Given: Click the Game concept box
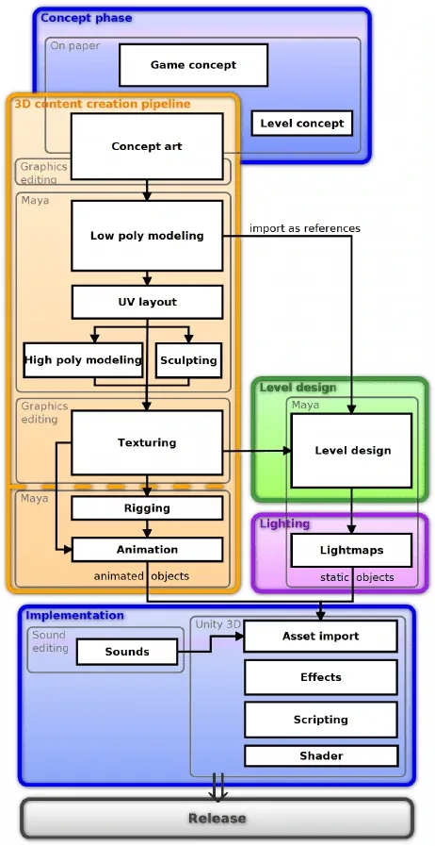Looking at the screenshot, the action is (193, 65).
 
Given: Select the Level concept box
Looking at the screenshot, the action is (302, 123).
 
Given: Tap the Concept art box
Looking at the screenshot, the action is (147, 146).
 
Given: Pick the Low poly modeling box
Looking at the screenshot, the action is (147, 236).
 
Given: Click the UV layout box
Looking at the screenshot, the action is (147, 302).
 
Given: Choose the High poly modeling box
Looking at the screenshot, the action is (84, 360).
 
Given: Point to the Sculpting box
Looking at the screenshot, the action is (188, 360).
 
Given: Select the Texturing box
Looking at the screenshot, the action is (147, 442).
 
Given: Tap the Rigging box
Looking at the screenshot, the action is (147, 508).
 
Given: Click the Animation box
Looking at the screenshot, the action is (147, 549).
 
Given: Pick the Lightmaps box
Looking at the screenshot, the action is (351, 551).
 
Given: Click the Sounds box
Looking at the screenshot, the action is (127, 652).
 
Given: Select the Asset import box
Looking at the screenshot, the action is (321, 636).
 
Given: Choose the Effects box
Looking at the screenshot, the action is (321, 677).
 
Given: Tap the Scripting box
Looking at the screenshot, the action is (321, 720).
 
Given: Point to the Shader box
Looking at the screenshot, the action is (321, 755).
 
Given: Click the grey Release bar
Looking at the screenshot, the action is (217, 818).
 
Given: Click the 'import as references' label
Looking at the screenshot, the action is (305, 228).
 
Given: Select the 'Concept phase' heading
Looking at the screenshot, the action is (86, 18).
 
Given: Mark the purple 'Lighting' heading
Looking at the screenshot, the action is (284, 523).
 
